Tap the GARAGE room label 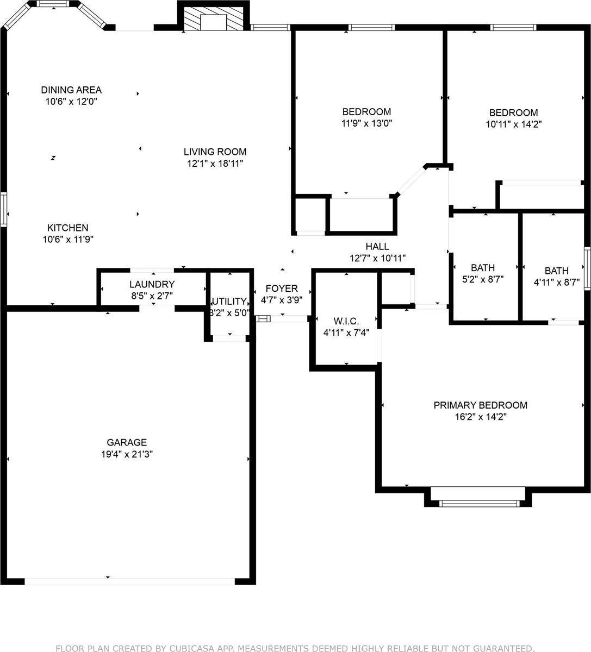127,442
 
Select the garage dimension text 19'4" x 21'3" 127,455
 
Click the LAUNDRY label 152,284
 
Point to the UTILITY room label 229,302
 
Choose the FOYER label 282,288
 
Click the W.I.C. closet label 346,321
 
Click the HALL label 377,247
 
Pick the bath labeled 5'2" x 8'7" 483,273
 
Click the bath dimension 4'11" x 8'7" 557,282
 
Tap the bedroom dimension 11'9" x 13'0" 366,123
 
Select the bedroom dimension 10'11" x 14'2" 513,124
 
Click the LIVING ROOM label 215,152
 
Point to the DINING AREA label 71,90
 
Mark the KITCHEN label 67,228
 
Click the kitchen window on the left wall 3,210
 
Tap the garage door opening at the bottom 129,581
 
